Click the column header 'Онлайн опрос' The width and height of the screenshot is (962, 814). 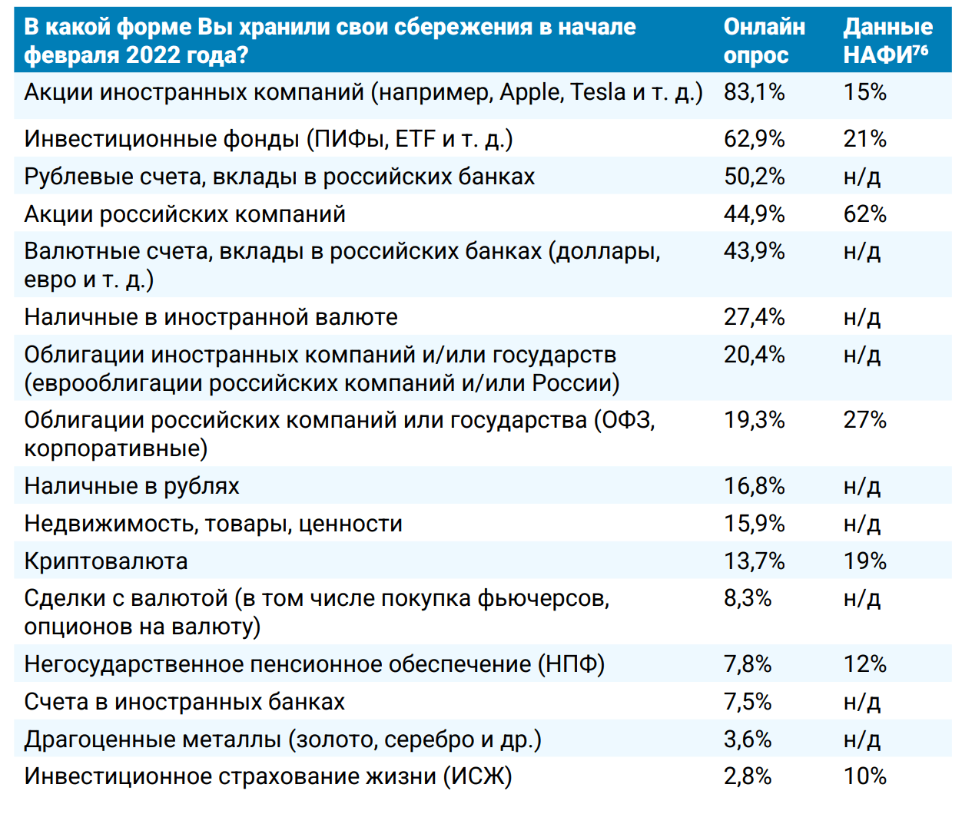coord(764,41)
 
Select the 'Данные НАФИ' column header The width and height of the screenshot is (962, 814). coord(887,41)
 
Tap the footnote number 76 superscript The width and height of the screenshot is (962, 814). coord(921,51)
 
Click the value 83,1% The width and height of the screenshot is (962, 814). coord(754,92)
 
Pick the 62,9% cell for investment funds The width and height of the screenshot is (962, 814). coord(754,139)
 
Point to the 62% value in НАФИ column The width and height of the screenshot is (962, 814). coord(864,213)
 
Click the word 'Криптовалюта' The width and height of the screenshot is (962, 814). coord(106,561)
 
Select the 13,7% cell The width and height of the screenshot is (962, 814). coord(754,561)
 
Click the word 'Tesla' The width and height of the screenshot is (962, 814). coord(599,92)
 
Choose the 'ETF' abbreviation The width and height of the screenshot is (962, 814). coord(416,139)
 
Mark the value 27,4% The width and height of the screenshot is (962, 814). coord(754,317)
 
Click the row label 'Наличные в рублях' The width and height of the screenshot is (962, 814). coord(131,486)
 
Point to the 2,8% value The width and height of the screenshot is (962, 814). coord(747,776)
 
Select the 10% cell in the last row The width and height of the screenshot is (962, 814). coord(864,776)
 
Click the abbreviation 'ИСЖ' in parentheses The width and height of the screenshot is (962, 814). coord(477,776)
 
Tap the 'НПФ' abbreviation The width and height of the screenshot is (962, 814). coord(571,664)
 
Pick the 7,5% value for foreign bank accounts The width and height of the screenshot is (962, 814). coord(747,702)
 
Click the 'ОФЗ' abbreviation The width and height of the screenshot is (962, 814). coord(625,420)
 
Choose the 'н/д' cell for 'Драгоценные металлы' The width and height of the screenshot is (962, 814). coord(861,740)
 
